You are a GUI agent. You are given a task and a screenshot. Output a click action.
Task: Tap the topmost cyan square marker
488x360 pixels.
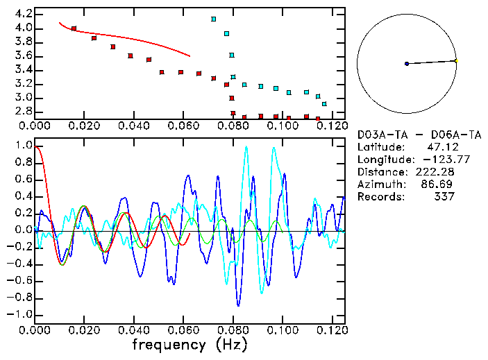pos(213,19)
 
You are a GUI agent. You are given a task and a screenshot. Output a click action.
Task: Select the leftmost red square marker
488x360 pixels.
pos(74,28)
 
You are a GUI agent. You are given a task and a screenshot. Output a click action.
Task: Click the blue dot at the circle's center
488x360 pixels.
pos(407,64)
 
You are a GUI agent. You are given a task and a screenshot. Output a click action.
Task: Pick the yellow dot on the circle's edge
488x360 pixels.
pos(456,60)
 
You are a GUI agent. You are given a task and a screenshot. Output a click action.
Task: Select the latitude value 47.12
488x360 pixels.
pos(440,147)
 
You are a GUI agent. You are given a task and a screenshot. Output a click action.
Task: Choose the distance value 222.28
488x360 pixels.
pos(438,172)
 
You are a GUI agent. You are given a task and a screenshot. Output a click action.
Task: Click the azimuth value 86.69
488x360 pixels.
pos(440,185)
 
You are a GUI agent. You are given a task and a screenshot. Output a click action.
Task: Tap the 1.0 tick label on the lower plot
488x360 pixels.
pos(23,146)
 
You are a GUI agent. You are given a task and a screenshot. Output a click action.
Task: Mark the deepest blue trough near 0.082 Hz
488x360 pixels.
pos(238,305)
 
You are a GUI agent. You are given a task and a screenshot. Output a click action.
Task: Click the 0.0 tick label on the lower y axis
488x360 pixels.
pos(23,230)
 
